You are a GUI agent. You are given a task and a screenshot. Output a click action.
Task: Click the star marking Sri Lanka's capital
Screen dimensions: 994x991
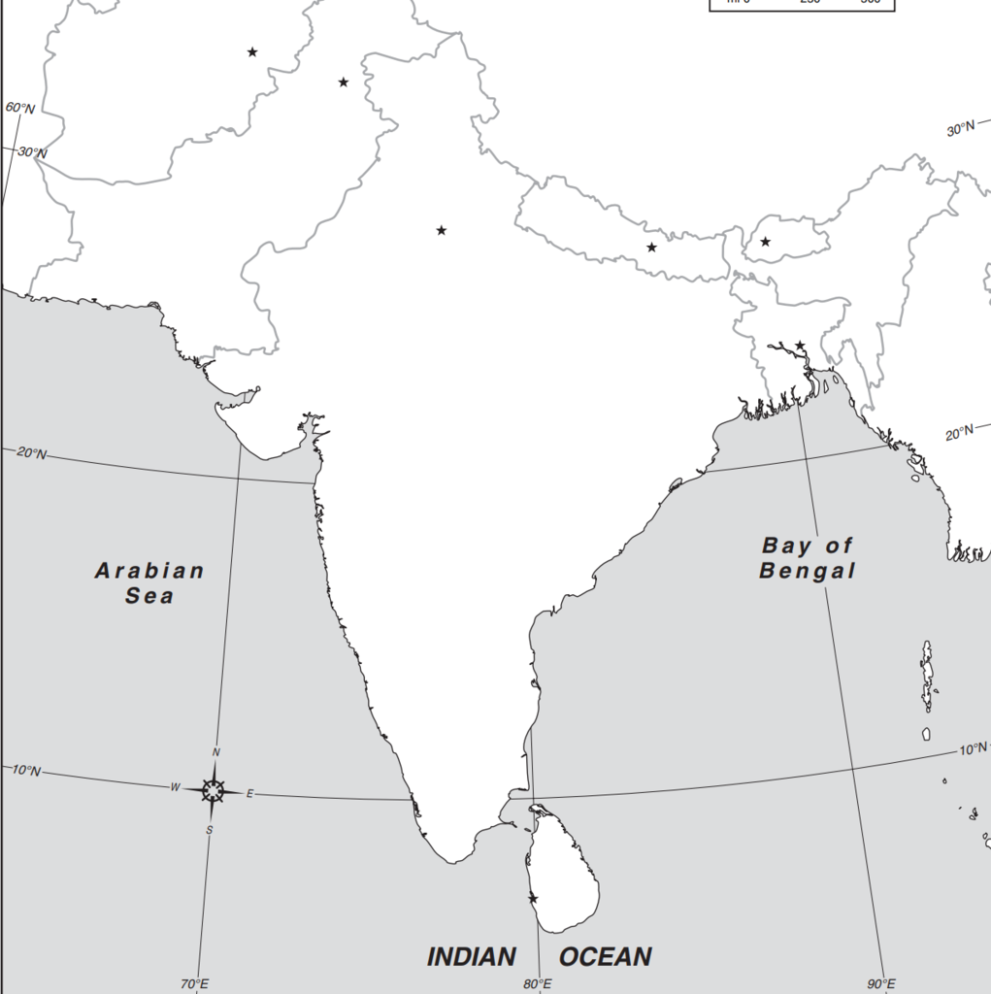[x=533, y=899]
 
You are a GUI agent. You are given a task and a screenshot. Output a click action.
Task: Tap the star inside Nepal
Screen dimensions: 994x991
[x=651, y=248]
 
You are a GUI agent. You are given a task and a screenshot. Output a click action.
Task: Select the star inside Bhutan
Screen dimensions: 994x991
[x=766, y=242]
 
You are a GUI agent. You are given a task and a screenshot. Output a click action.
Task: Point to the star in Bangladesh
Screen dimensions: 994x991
[x=800, y=346]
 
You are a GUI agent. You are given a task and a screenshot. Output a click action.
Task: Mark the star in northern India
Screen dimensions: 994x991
[x=442, y=230]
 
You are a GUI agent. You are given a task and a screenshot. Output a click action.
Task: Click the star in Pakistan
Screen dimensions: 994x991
[x=344, y=83]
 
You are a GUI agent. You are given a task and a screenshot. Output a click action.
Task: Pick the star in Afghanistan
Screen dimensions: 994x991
[x=252, y=51]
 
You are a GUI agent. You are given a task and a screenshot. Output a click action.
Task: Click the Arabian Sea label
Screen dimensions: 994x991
[x=149, y=582]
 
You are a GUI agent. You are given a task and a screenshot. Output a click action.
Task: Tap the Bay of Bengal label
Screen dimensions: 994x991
[x=808, y=558]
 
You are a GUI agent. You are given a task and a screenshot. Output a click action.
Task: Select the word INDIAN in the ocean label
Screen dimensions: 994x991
[x=472, y=957]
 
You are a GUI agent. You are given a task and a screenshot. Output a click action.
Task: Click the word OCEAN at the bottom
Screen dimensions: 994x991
[x=605, y=957]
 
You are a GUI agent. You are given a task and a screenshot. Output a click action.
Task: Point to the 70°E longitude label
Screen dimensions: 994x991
[x=194, y=984]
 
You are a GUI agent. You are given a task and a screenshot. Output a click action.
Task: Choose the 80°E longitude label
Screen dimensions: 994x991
[x=538, y=984]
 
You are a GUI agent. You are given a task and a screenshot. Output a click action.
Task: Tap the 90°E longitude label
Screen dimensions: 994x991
[x=881, y=984]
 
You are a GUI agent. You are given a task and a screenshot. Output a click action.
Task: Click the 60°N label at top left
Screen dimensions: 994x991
[x=19, y=108]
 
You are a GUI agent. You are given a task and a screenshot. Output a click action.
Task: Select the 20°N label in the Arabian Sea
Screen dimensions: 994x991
[x=30, y=453]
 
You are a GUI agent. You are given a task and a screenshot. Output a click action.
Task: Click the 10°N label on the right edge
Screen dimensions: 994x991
[x=974, y=749]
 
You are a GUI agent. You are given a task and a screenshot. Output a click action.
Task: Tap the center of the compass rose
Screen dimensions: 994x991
[x=213, y=790]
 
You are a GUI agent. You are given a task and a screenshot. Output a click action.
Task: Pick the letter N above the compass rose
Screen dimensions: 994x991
[x=216, y=752]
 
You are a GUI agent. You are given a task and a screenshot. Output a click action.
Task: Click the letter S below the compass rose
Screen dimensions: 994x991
[x=209, y=829]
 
